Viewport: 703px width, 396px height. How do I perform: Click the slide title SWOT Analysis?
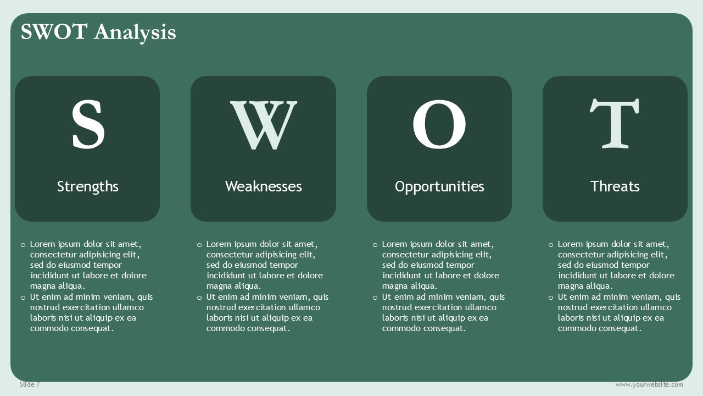pos(98,32)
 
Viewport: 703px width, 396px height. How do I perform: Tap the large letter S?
pos(88,124)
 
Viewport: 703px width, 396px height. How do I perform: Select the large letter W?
pos(264,125)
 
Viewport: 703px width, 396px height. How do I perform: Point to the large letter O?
pos(439,124)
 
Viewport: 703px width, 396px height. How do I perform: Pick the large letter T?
pos(615,123)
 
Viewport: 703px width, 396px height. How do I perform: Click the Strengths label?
pos(87,186)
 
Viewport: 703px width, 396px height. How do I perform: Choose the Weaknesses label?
pos(263,186)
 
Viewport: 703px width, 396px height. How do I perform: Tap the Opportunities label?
pos(439,186)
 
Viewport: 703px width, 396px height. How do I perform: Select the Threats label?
pos(615,186)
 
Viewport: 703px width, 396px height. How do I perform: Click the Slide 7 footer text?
pos(30,384)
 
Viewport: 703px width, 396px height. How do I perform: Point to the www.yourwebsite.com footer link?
pos(649,384)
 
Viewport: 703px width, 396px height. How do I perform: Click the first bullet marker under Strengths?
pos(23,245)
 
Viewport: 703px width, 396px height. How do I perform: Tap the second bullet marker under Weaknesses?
pos(199,298)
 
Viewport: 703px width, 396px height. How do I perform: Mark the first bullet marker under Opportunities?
pos(375,245)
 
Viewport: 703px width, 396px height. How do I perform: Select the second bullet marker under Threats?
pos(551,298)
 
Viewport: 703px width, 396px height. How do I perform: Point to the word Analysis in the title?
pos(135,32)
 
